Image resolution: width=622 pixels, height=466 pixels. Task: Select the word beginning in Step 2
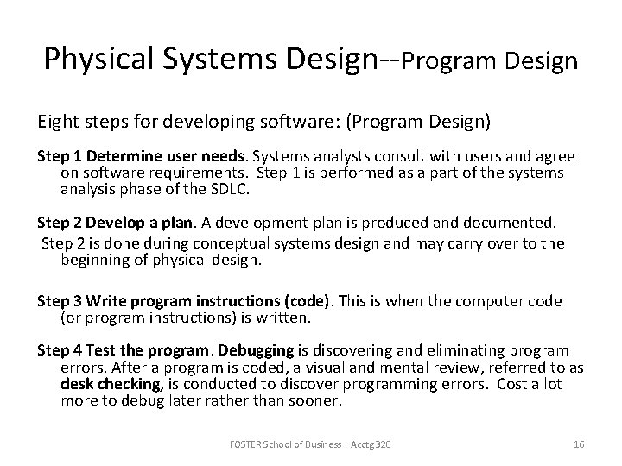98,259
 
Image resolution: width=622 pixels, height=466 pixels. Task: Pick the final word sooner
314,400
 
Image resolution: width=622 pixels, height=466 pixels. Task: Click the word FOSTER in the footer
247,443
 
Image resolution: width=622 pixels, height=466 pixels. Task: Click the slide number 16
579,443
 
